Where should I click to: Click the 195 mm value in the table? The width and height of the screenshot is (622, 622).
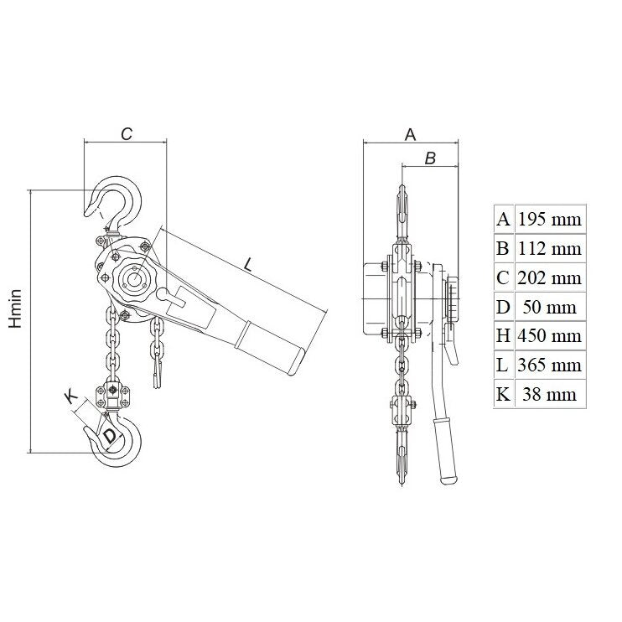click(x=550, y=219)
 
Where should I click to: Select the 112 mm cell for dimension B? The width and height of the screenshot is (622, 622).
click(x=550, y=248)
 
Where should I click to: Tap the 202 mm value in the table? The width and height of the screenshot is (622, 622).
click(x=550, y=277)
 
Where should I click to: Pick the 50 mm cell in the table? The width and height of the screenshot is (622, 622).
click(x=550, y=307)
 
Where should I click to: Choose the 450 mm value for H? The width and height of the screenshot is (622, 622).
click(x=550, y=335)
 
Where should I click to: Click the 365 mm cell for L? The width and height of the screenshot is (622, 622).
click(x=550, y=365)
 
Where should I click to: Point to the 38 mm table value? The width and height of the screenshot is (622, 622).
click(x=550, y=394)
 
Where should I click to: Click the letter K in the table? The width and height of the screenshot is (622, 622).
click(x=503, y=394)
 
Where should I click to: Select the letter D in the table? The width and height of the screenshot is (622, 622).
click(x=503, y=307)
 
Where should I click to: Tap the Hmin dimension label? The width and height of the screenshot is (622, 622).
click(x=16, y=309)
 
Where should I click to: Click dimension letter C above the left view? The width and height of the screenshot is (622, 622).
click(x=127, y=134)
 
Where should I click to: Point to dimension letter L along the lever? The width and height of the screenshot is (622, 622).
click(x=247, y=265)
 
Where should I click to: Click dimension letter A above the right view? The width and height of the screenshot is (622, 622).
click(x=410, y=134)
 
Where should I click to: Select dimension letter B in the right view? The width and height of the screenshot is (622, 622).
click(x=430, y=158)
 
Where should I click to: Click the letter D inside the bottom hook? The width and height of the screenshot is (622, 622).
click(x=110, y=437)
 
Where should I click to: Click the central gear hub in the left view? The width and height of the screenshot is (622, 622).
click(x=133, y=277)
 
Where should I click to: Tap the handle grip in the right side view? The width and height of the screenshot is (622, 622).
click(x=446, y=451)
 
